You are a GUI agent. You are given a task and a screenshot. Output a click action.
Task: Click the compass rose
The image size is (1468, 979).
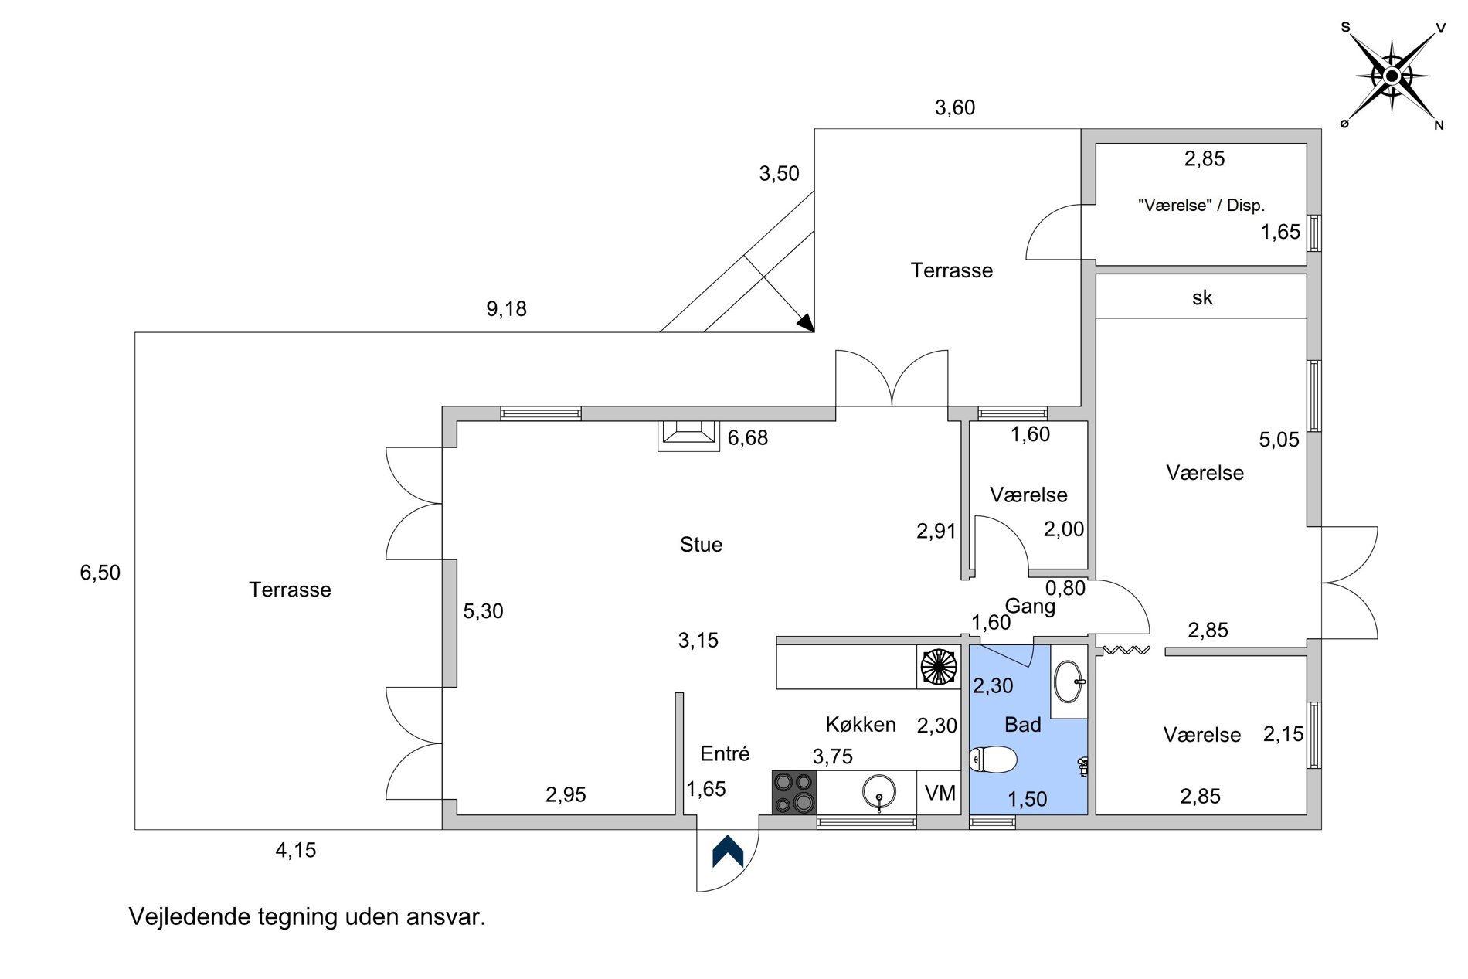pyautogui.click(x=1392, y=76)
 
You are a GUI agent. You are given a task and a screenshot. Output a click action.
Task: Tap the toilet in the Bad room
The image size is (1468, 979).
pyautogui.click(x=993, y=760)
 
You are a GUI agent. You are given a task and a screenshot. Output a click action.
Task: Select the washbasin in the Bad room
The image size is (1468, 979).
pyautogui.click(x=1069, y=682)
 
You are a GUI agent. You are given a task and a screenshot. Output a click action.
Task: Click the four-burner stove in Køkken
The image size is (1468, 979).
pyautogui.click(x=794, y=792)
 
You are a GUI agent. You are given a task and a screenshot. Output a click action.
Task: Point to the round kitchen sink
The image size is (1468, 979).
pyautogui.click(x=879, y=792)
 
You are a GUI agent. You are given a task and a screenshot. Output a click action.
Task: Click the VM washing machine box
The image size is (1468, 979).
pyautogui.click(x=940, y=793)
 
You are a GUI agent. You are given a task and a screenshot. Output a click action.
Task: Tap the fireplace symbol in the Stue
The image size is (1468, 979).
pyautogui.click(x=688, y=435)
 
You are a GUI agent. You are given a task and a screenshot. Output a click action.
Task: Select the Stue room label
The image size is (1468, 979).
pyautogui.click(x=701, y=545)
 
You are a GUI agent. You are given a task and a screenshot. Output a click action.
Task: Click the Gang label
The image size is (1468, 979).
pyautogui.click(x=1030, y=606)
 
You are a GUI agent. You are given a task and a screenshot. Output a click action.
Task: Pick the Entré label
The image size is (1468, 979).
pyautogui.click(x=725, y=753)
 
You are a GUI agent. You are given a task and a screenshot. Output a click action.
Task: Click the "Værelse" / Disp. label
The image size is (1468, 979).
pyautogui.click(x=1201, y=206)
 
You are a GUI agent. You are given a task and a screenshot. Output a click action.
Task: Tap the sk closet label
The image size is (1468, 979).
pyautogui.click(x=1202, y=297)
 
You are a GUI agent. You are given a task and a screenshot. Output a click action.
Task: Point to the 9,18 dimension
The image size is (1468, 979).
pyautogui.click(x=506, y=309)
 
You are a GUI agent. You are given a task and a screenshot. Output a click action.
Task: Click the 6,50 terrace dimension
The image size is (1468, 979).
pyautogui.click(x=100, y=573)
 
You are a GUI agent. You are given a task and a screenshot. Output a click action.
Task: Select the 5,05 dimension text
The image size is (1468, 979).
pyautogui.click(x=1279, y=440)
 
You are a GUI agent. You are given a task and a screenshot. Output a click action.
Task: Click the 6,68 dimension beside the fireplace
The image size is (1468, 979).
pyautogui.click(x=748, y=438)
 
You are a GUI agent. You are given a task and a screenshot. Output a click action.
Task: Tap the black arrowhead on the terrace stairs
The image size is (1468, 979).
pyautogui.click(x=806, y=323)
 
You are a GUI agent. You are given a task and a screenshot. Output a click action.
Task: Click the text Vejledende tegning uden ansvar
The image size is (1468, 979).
pyautogui.click(x=308, y=916)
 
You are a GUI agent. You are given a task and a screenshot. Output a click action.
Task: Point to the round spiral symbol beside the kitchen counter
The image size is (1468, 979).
pyautogui.click(x=939, y=666)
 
